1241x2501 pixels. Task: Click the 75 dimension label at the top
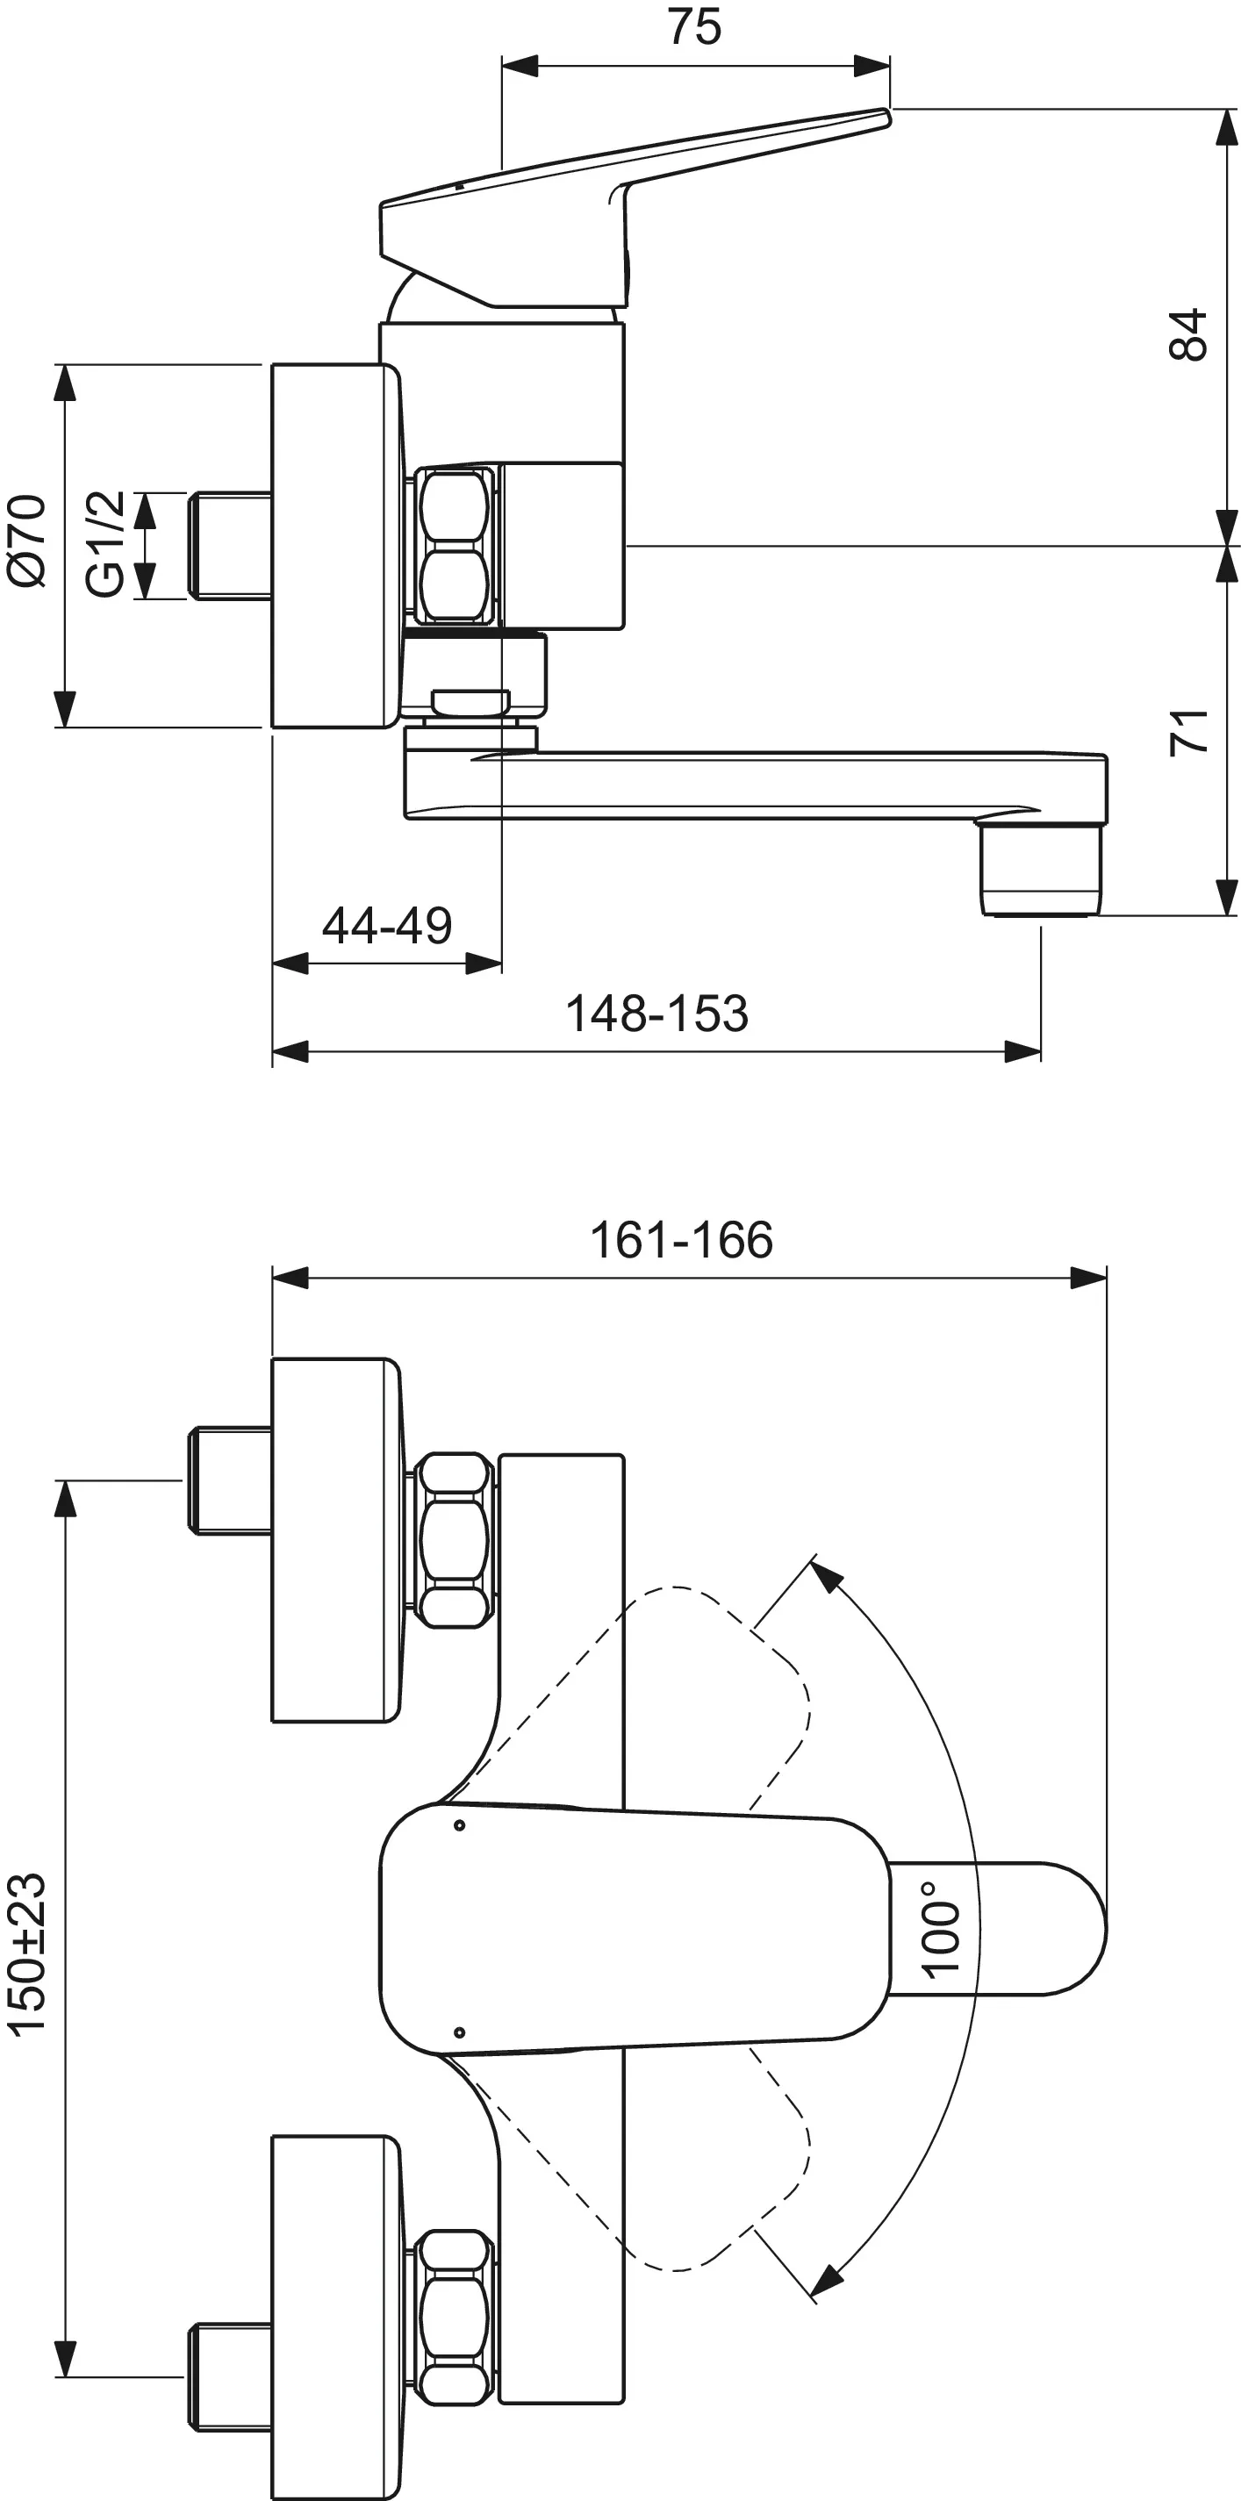pyautogui.click(x=694, y=27)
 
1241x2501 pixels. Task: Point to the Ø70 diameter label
pyautogui.click(x=27, y=541)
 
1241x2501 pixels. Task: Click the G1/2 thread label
pyautogui.click(x=104, y=544)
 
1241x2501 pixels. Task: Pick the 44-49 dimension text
pyautogui.click(x=386, y=925)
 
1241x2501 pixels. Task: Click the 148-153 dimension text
pyautogui.click(x=656, y=1014)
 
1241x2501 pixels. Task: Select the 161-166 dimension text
pyautogui.click(x=681, y=1240)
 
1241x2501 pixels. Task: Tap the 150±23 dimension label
pyautogui.click(x=27, y=1953)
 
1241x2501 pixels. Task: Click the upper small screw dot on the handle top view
pyautogui.click(x=459, y=1825)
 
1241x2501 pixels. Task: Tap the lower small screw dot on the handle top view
pyautogui.click(x=459, y=2032)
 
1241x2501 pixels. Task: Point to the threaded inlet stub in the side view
pyautogui.click(x=230, y=546)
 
